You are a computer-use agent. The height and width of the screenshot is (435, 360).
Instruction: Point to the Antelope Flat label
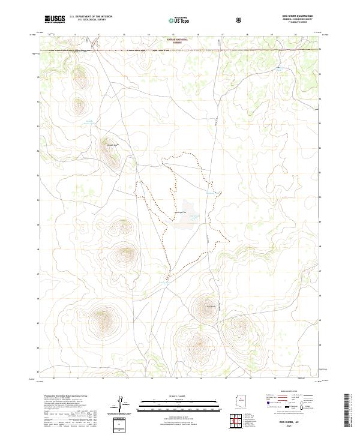point(179,212)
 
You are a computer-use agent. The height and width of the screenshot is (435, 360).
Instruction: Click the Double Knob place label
point(112,145)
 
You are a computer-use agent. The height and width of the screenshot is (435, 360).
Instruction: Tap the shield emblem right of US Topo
point(240,20)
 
